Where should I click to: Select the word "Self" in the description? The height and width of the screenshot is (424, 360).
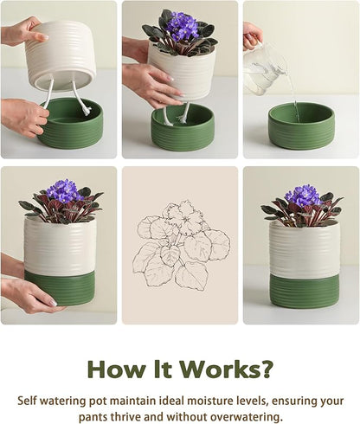(31, 401)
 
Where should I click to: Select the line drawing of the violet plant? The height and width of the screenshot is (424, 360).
(180, 245)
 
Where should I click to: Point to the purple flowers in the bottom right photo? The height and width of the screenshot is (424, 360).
(302, 196)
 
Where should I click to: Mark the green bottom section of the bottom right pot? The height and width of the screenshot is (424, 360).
(303, 289)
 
